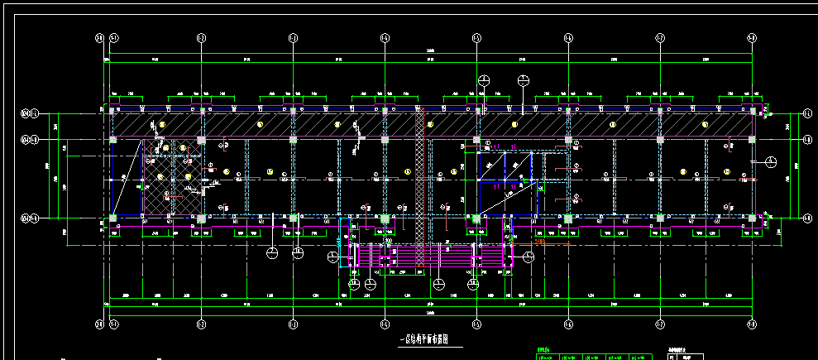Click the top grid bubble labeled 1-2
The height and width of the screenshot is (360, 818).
pyautogui.click(x=201, y=37)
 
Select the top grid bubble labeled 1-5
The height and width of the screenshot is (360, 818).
pyautogui.click(x=476, y=37)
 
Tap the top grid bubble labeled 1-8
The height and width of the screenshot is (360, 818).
pyautogui.click(x=751, y=37)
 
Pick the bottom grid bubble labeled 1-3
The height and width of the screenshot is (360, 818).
pyautogui.click(x=293, y=324)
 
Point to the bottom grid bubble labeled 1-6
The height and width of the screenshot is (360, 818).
pyautogui.click(x=568, y=324)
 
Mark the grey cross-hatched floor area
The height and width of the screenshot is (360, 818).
pyautogui.click(x=172, y=177)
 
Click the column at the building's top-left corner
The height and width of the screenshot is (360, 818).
pyautogui.click(x=111, y=110)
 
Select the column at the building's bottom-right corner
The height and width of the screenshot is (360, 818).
pyautogui.click(x=751, y=218)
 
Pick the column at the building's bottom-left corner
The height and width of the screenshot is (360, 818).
pyautogui.click(x=112, y=218)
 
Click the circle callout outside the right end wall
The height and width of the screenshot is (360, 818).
pyautogui.click(x=770, y=161)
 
